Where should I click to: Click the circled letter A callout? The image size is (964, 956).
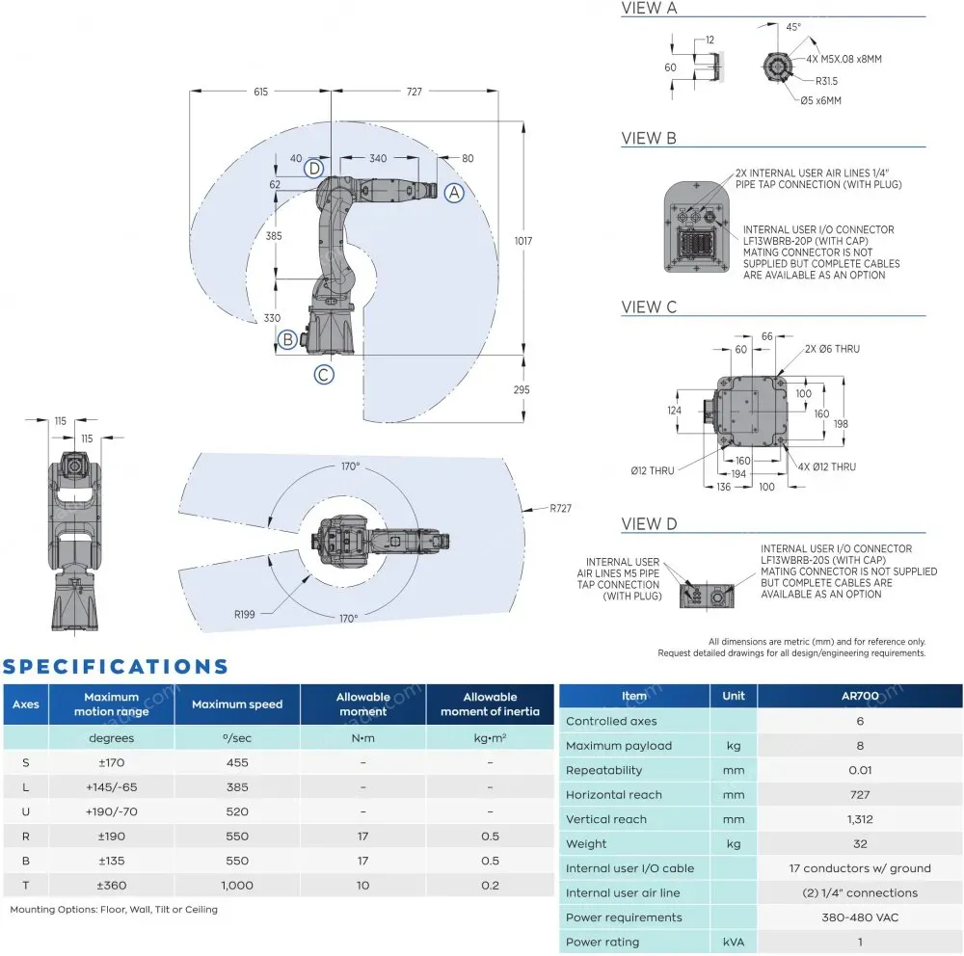tap(454, 193)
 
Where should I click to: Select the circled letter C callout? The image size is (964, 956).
tap(324, 374)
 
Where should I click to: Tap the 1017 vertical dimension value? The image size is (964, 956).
tap(523, 240)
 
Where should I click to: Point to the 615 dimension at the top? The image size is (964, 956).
tap(260, 92)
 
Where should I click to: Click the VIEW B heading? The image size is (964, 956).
tap(649, 139)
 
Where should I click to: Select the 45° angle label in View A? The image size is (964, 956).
tap(793, 28)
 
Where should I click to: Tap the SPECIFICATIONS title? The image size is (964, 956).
tap(116, 666)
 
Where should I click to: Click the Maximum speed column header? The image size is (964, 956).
tap(237, 704)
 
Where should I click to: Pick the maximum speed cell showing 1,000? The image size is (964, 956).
tap(237, 885)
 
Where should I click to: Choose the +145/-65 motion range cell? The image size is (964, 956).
tap(112, 786)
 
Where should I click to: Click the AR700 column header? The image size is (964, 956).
tap(859, 696)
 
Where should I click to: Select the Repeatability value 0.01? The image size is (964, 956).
tap(859, 770)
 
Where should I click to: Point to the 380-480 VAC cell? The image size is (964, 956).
tap(859, 917)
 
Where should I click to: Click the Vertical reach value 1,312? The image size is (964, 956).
tap(859, 819)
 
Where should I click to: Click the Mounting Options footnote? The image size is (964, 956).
tap(114, 910)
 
